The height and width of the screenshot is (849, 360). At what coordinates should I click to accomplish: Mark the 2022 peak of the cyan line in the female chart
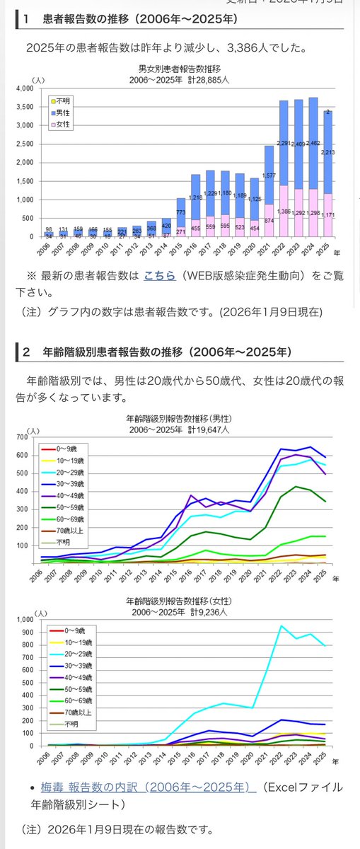click(x=281, y=625)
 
